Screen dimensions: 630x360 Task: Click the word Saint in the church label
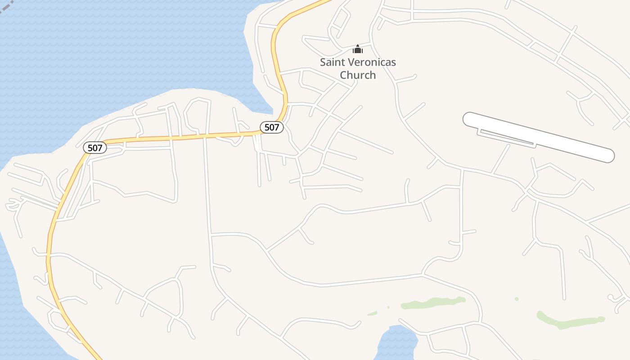point(332,62)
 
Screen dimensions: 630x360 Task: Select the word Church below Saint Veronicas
point(358,75)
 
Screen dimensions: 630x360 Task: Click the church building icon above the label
point(358,49)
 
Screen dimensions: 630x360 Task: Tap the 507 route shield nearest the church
point(272,127)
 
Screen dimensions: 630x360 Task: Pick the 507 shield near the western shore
point(95,148)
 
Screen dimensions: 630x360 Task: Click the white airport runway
point(540,137)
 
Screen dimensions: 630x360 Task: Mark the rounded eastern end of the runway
point(608,156)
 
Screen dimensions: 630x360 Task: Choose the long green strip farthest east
point(569,321)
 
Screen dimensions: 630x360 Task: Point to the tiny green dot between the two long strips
point(517,299)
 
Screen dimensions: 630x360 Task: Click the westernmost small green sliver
point(372,313)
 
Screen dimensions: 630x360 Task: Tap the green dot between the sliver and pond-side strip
point(388,307)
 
